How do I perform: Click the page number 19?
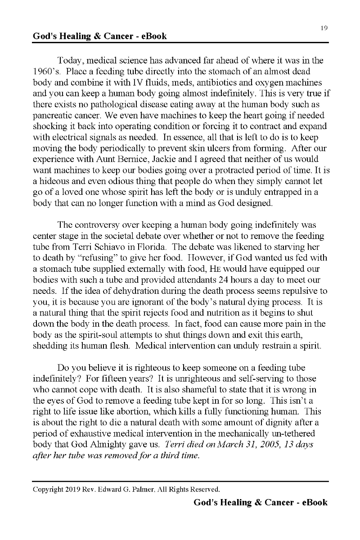(x=324, y=28)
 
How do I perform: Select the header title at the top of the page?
(x=99, y=36)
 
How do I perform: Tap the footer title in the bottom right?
(x=261, y=503)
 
